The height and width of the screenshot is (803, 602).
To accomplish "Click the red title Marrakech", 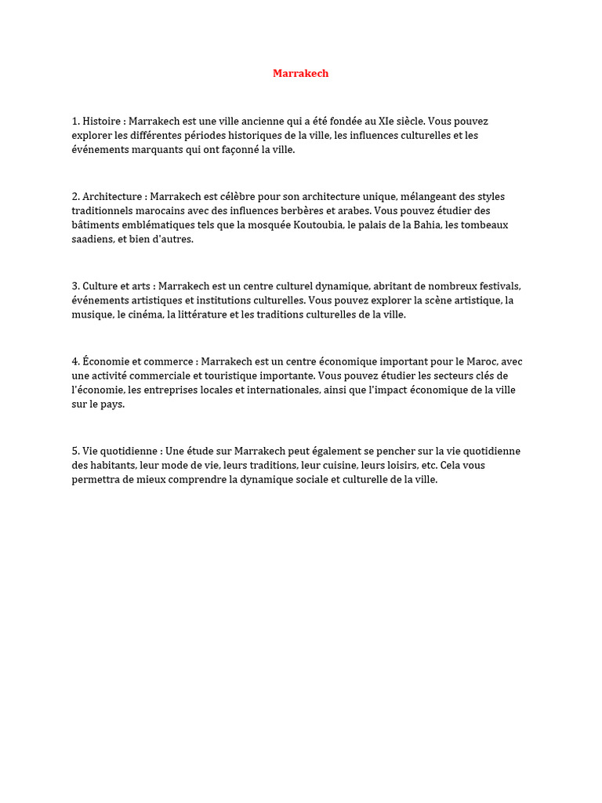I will pos(300,73).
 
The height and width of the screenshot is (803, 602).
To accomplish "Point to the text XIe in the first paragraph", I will pos(386,122).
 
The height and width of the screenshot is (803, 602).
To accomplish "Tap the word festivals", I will pos(499,286).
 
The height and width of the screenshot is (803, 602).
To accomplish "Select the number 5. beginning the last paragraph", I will pos(76,451).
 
